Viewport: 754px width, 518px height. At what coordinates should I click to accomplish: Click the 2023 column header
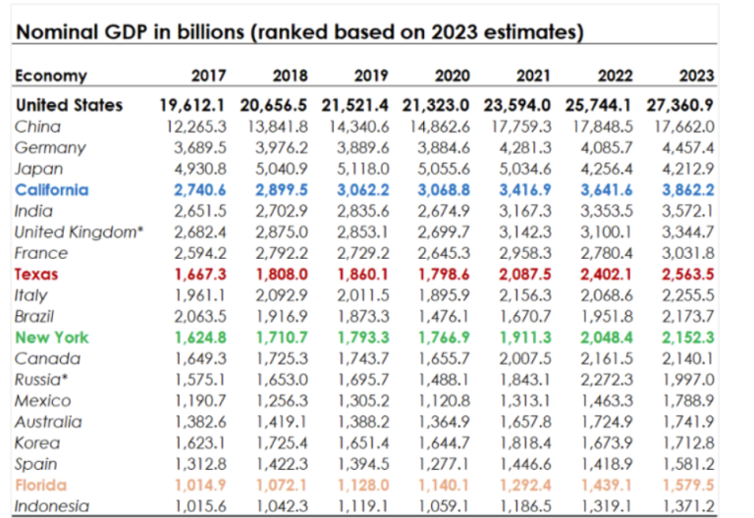(696, 76)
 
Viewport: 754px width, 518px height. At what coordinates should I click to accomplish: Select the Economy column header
(51, 76)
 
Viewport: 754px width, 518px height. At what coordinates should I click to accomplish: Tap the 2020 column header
(451, 76)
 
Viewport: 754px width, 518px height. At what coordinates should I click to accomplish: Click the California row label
(52, 189)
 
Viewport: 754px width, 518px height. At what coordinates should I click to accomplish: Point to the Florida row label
(41, 485)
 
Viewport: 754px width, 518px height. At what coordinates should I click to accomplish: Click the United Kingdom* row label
(78, 232)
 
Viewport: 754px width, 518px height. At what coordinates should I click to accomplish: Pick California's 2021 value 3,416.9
(528, 189)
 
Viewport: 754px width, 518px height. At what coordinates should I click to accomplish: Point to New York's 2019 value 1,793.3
(364, 337)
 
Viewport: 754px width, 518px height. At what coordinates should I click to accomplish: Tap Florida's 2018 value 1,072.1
(283, 485)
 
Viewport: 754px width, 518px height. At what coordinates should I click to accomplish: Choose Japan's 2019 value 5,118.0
(364, 168)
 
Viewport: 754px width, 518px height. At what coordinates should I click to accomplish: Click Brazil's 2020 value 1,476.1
(446, 316)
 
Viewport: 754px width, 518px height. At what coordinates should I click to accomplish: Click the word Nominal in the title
(52, 32)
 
